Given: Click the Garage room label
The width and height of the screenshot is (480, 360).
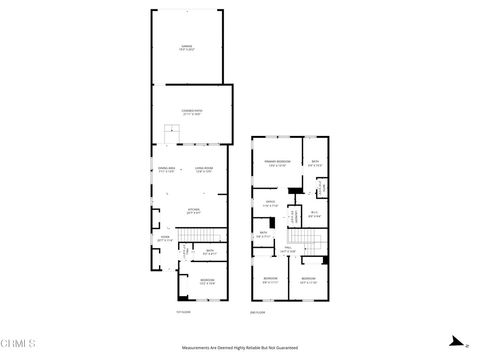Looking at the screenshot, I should click(x=186, y=47).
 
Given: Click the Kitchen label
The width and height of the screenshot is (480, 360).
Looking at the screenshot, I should click(x=194, y=211).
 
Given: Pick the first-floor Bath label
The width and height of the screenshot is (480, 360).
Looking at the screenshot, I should click(x=210, y=251).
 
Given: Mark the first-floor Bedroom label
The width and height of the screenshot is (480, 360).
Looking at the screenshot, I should click(x=206, y=281).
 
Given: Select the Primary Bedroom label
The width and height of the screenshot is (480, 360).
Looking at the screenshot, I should click(x=276, y=164).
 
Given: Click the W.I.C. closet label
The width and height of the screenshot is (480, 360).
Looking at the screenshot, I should click(x=313, y=212).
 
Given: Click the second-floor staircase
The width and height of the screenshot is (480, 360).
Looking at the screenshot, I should click(x=314, y=240).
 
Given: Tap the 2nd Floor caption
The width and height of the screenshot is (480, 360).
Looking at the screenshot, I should click(x=259, y=313).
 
